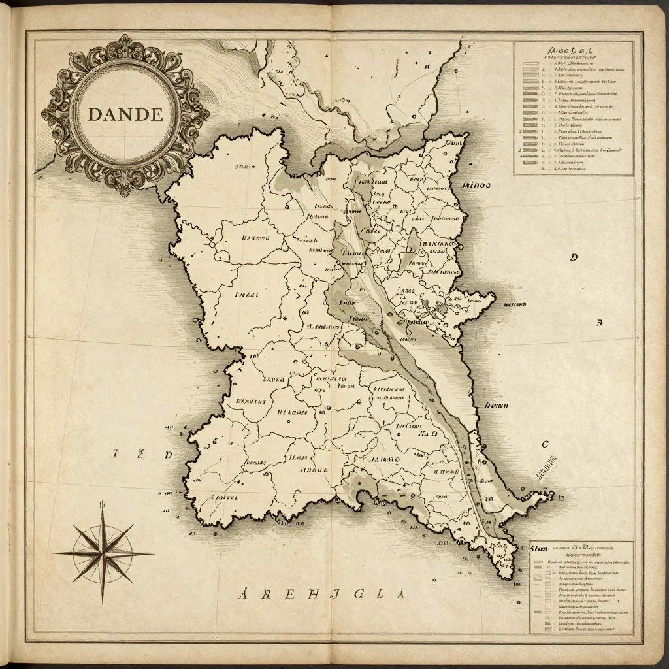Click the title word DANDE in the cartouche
coord(125,114)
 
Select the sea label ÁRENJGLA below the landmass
coord(321,594)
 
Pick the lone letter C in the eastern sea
coord(545,445)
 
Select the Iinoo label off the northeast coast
coord(476,185)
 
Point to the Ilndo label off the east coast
coord(495,406)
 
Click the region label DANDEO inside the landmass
coord(255,238)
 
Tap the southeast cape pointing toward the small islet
coord(549,497)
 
